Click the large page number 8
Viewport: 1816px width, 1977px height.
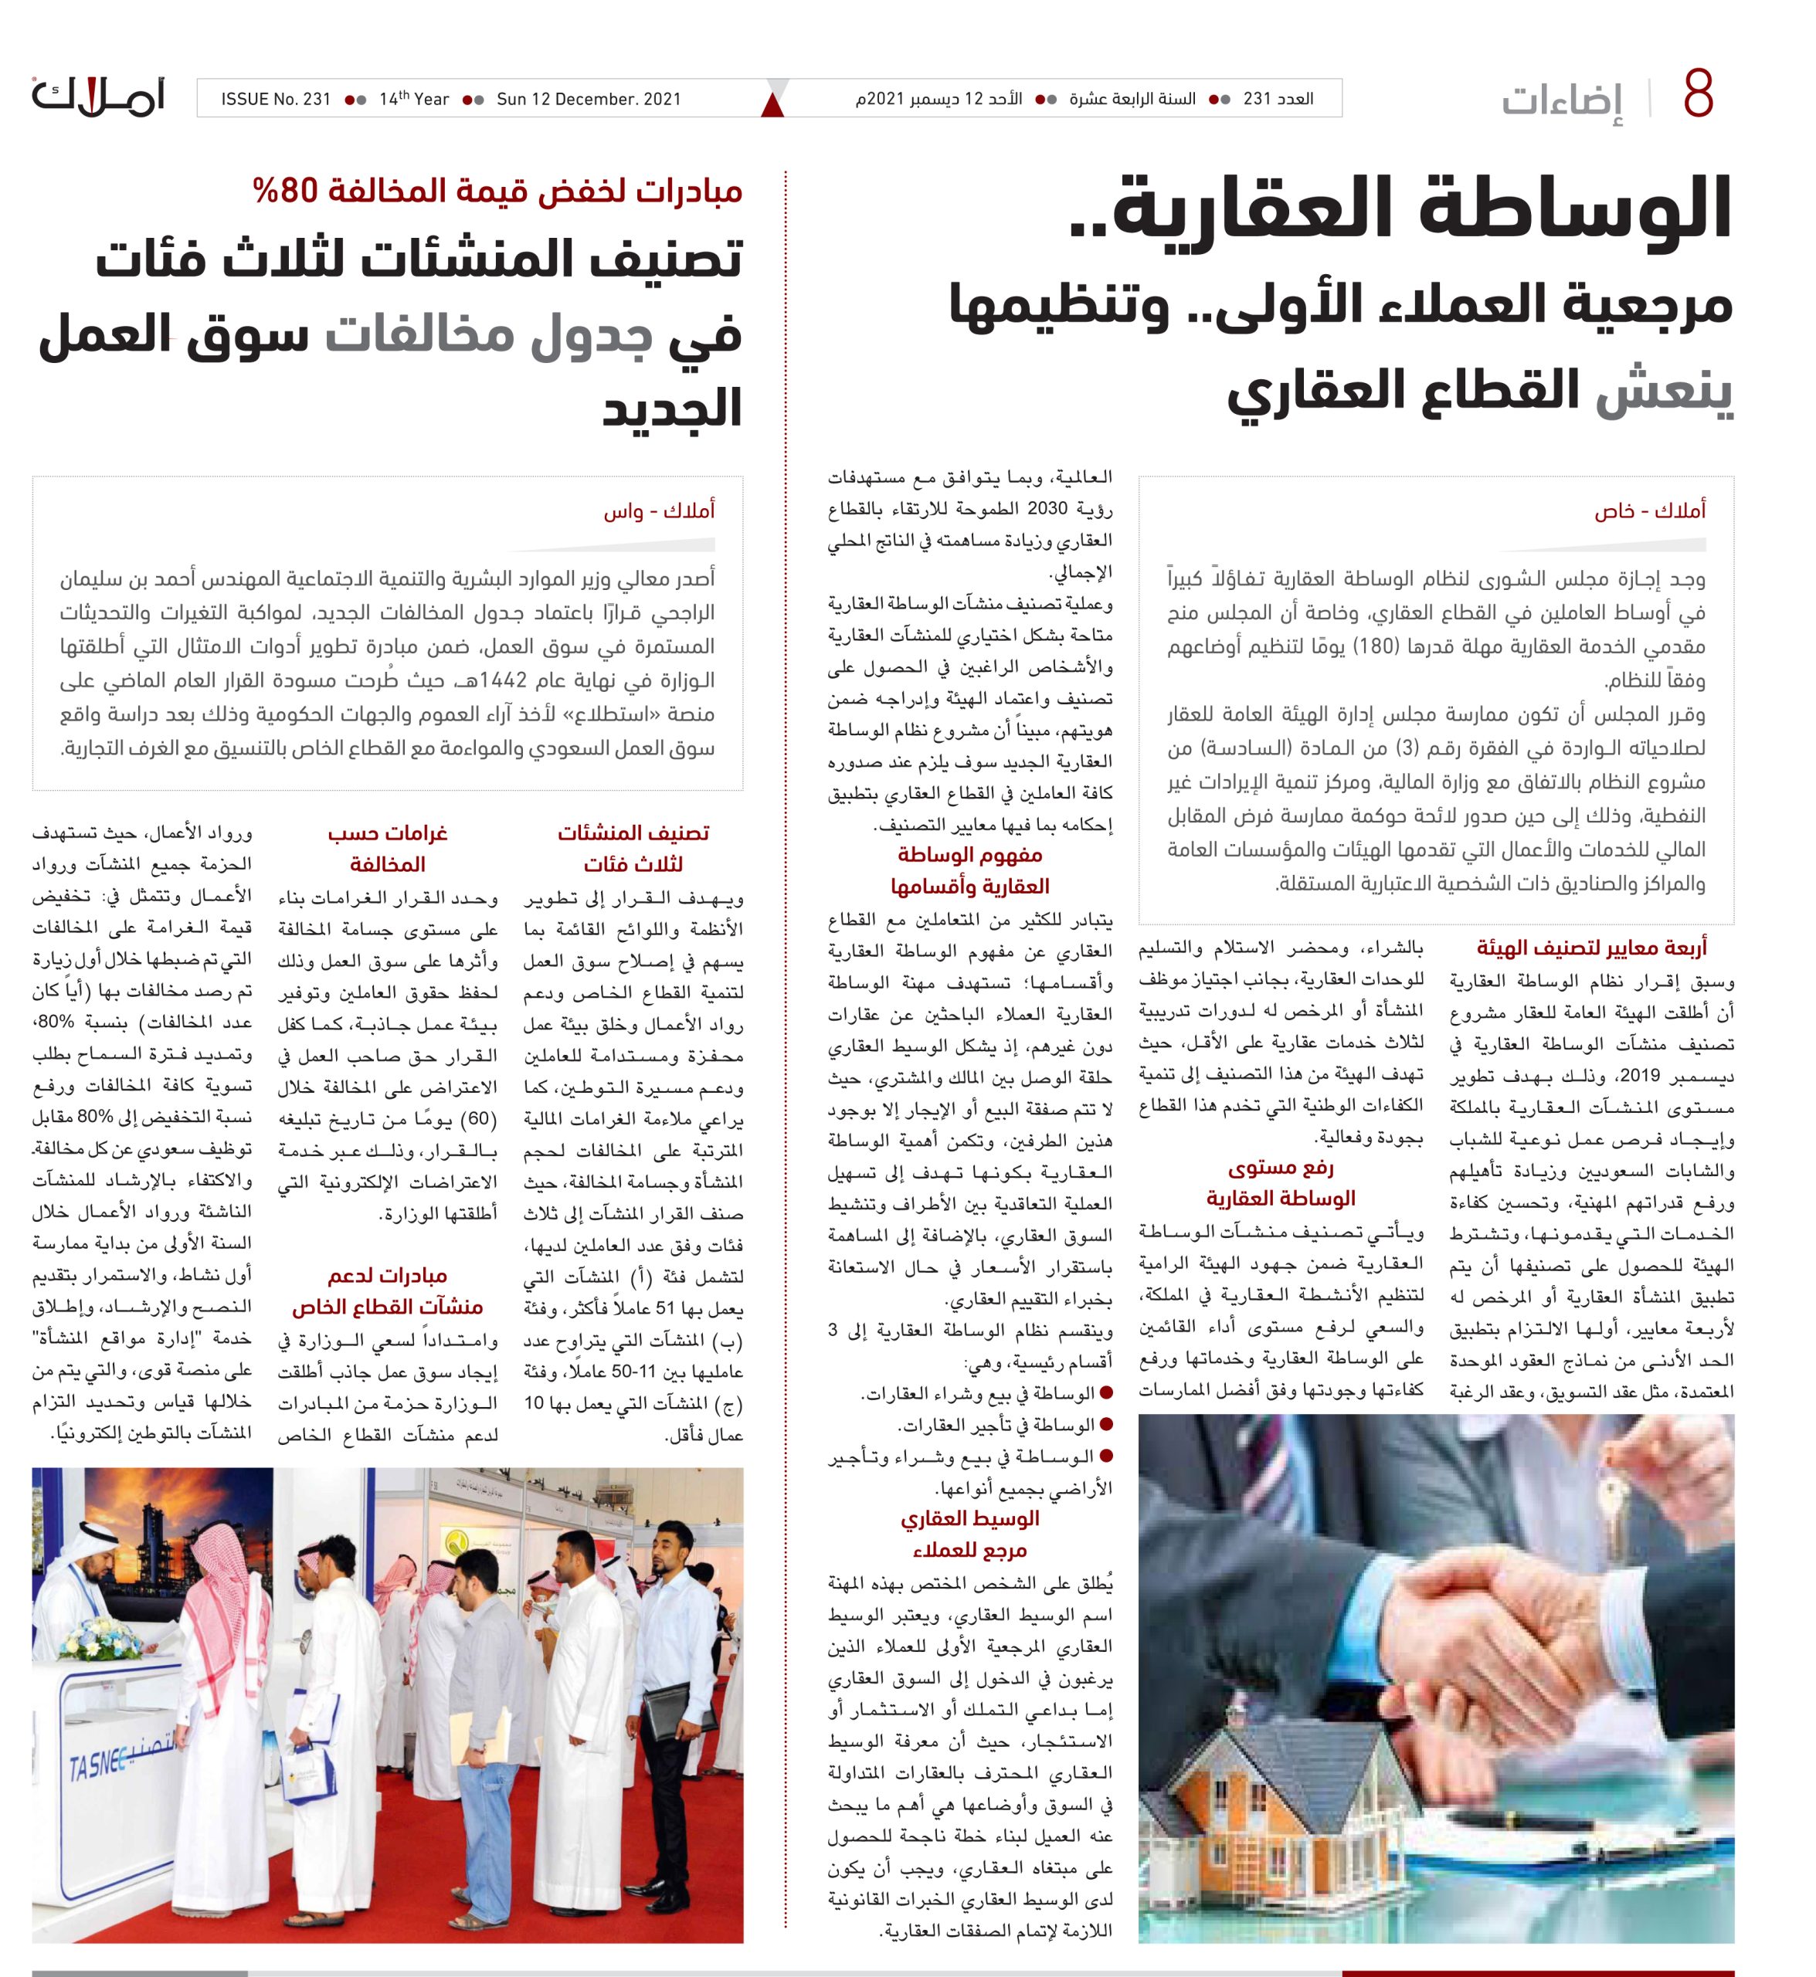click(x=1697, y=97)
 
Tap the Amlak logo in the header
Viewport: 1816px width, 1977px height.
click(x=98, y=97)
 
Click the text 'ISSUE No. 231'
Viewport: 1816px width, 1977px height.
click(x=275, y=100)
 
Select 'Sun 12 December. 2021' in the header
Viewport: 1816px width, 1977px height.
click(x=589, y=100)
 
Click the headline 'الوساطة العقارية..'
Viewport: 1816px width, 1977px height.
click(x=1400, y=210)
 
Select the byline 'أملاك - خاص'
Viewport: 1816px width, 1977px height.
click(x=1650, y=511)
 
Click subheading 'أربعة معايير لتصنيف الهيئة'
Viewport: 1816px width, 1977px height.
click(x=1591, y=948)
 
